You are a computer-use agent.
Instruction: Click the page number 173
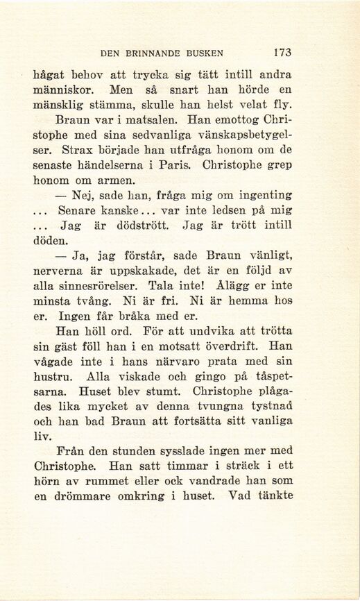[282, 52]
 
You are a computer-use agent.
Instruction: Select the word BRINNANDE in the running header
[151, 53]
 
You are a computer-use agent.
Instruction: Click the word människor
[60, 90]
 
